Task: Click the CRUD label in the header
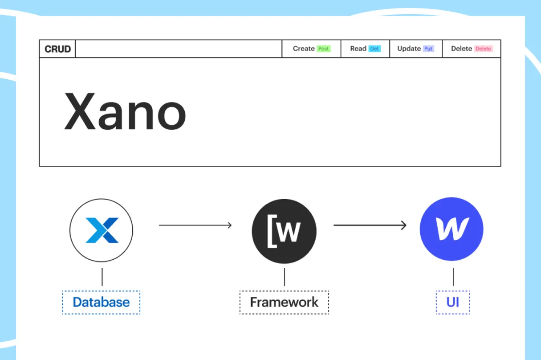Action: [58, 49]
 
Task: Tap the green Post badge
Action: [324, 49]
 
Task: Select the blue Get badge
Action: [375, 49]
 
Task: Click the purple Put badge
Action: [428, 49]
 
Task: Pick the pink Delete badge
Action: [483, 49]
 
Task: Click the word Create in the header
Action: [304, 49]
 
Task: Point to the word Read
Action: [358, 49]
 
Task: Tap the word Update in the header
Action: [409, 49]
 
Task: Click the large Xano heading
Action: [125, 111]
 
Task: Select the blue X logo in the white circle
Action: [102, 230]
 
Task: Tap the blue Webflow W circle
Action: [452, 229]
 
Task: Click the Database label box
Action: [101, 303]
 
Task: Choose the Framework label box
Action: [284, 303]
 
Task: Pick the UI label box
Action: [453, 303]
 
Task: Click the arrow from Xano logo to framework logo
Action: [195, 225]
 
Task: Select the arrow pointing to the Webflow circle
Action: [370, 225]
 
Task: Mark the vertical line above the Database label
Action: [102, 277]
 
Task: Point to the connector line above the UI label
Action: [453, 277]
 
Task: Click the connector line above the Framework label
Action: [285, 277]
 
